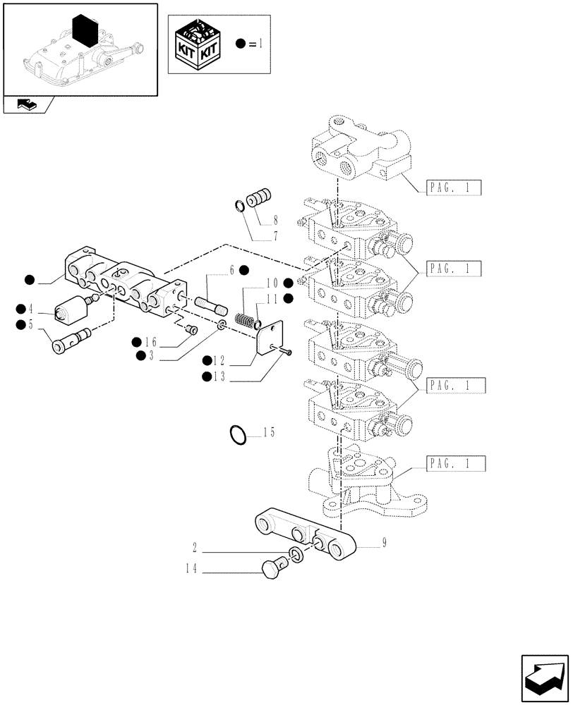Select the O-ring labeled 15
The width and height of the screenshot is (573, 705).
239,435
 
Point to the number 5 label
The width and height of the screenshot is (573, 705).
30,324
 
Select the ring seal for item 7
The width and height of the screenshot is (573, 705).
240,205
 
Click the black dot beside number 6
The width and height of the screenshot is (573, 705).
243,269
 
